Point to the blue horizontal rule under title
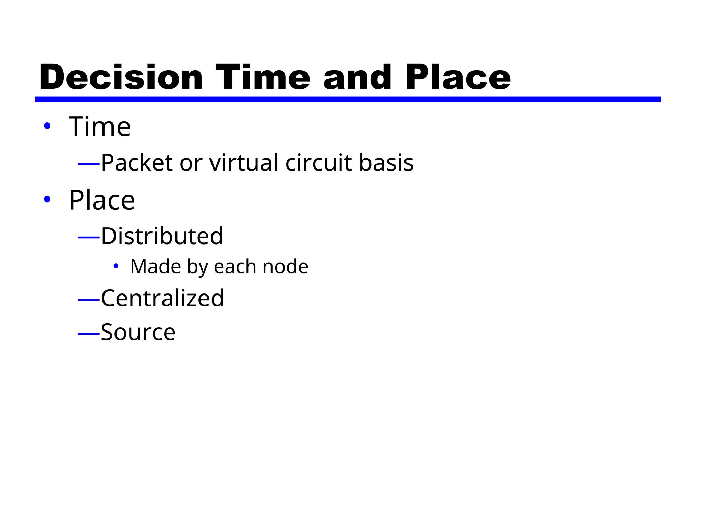click(x=348, y=99)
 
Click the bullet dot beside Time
click(x=47, y=126)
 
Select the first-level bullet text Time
click(x=100, y=126)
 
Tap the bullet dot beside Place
click(x=47, y=199)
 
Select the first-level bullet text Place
click(x=102, y=200)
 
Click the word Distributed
click(x=162, y=236)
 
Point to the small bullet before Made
click(x=116, y=266)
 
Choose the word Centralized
click(x=162, y=298)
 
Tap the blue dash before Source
click(x=89, y=333)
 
